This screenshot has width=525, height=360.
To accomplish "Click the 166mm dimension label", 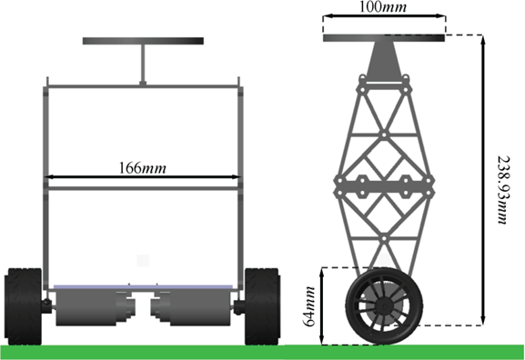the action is (142, 167).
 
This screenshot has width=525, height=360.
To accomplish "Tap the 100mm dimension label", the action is (383, 6).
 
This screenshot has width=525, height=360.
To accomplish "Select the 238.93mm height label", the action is (503, 190).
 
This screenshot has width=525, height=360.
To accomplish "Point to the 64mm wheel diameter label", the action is (309, 306).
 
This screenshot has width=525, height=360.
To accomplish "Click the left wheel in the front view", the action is (24, 306).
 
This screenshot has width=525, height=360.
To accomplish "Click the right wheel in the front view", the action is (262, 306).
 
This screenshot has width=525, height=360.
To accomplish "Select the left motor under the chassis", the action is (95, 307).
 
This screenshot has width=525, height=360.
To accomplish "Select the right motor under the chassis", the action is (191, 307).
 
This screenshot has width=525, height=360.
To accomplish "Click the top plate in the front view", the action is (143, 41).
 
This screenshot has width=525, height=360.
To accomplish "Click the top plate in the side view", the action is (384, 38).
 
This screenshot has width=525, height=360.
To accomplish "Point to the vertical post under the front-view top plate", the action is (143, 64).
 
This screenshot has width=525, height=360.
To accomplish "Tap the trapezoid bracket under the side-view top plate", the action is (384, 60).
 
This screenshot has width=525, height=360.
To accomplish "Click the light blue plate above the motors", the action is (143, 287).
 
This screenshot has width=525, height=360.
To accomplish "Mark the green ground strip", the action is (262, 352).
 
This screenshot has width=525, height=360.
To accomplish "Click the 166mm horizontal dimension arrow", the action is (142, 176).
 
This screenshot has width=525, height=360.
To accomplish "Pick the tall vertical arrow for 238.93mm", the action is (482, 180).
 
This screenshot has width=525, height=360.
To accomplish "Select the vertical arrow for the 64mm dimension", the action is (322, 306).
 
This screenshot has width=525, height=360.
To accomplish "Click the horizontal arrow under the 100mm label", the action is (384, 15).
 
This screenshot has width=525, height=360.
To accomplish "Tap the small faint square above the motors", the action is (143, 260).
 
